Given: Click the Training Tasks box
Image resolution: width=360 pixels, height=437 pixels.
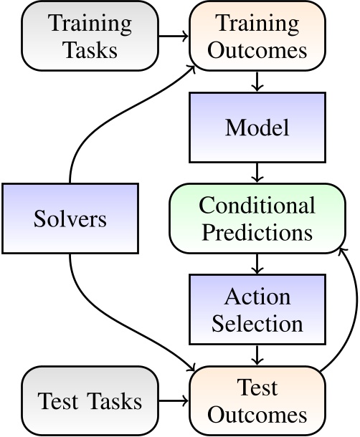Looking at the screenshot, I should click(x=90, y=36).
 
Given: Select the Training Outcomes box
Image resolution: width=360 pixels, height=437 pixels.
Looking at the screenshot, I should click(x=257, y=36).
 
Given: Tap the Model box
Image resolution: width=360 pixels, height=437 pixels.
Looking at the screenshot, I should click(x=257, y=128).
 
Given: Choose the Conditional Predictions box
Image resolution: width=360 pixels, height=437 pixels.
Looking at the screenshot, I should click(x=257, y=218).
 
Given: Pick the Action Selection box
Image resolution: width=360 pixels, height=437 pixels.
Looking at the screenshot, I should click(x=257, y=309).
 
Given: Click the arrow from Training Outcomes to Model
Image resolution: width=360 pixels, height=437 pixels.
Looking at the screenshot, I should click(x=257, y=82).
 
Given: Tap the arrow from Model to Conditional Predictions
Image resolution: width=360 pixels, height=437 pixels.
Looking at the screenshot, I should click(x=257, y=172).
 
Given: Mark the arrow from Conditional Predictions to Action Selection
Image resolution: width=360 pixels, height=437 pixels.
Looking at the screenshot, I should click(x=257, y=264).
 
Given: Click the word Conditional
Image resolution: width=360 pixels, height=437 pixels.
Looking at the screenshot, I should click(x=257, y=206).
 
